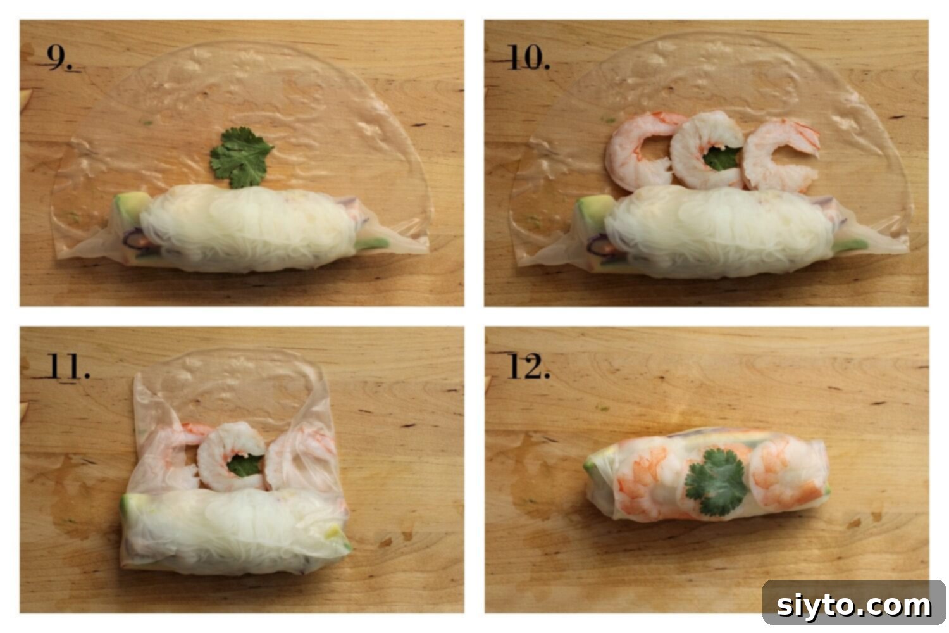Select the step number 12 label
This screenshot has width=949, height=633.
tap(528, 367)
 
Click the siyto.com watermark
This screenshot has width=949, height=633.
tap(853, 605)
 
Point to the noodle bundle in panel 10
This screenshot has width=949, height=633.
tap(715, 231)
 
